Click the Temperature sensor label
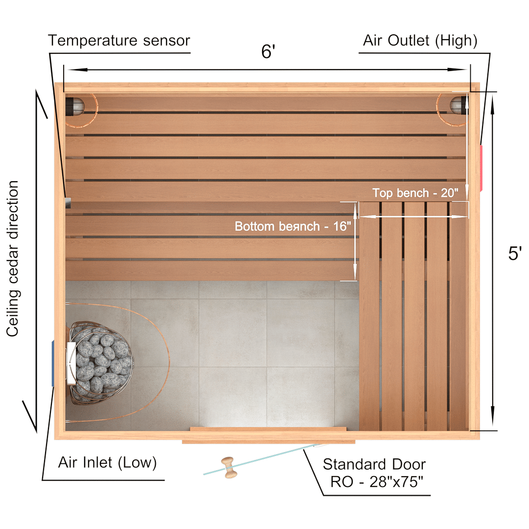coord(119,41)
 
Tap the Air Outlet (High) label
coord(420,41)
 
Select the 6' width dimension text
coord(268,51)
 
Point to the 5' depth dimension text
coord(514,253)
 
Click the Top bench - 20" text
coord(415,193)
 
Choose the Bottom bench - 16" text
coord(293,226)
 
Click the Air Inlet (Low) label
coord(107,462)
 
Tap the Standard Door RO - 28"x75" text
coord(374,473)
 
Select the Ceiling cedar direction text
coord(12,259)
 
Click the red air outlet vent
coord(481,168)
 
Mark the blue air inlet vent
coord(52,363)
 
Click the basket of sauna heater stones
coord(101,362)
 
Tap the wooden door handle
coord(229,468)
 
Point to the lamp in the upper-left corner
coord(74,106)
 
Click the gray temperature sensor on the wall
coord(68,203)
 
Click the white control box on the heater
coord(71,363)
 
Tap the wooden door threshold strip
coord(268,441)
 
